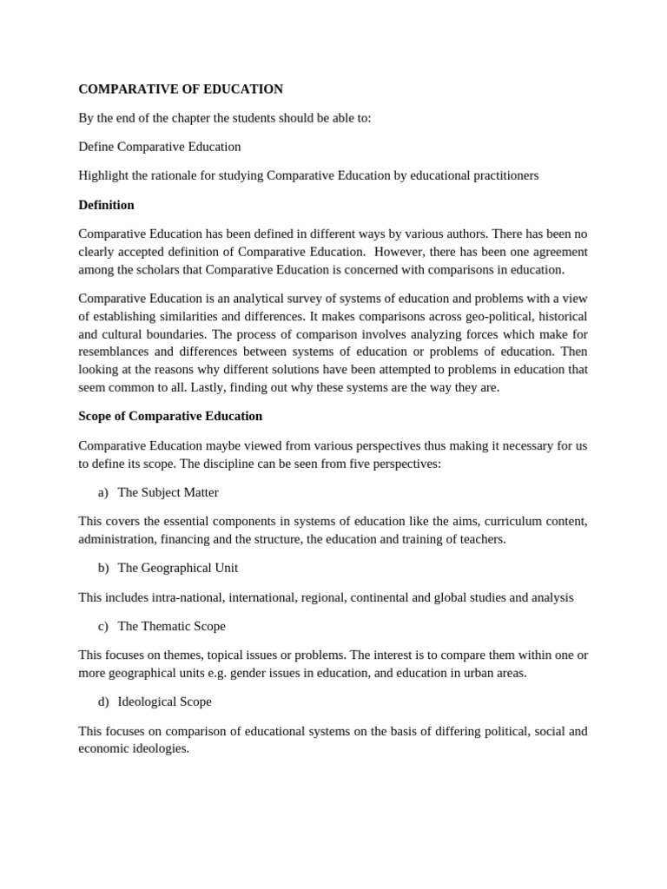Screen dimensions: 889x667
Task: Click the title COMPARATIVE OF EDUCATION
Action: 181,89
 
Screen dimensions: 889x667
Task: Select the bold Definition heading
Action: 106,205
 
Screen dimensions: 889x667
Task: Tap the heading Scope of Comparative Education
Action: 170,416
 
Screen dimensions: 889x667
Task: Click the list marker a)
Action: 103,492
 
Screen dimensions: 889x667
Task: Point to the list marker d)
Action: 103,701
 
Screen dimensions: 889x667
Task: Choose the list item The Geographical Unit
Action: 177,568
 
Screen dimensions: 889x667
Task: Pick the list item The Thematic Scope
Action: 171,626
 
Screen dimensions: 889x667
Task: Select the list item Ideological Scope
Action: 164,701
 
